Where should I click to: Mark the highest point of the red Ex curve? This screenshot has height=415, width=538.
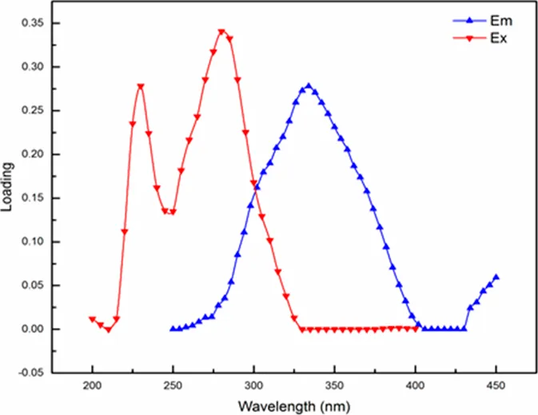221,32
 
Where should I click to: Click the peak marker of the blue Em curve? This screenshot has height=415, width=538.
308,86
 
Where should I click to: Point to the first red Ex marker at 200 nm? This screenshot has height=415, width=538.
92,319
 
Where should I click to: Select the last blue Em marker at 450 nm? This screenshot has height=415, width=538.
496,277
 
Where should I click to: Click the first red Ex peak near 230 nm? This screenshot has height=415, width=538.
141,86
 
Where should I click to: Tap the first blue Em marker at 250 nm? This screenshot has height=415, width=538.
173,329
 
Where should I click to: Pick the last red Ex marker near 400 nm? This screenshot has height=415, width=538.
415,328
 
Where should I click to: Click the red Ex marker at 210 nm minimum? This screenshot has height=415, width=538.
108,329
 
